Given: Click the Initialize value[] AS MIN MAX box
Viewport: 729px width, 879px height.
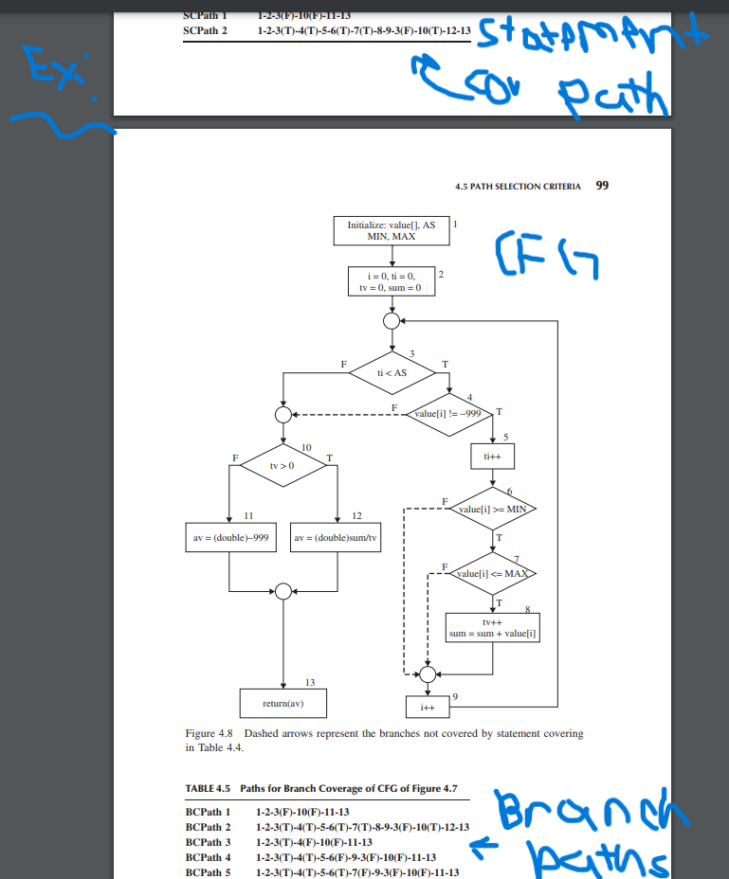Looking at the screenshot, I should pos(391,231).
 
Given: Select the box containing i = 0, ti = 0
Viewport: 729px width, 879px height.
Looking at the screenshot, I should pos(391,280).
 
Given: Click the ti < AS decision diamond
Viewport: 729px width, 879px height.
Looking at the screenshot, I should pos(392,372).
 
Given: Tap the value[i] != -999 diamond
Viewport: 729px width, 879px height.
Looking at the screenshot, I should pos(447,414).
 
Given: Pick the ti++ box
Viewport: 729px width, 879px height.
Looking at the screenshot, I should pos(493,457).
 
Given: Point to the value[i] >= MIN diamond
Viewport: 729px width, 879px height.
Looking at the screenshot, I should pos(493,509).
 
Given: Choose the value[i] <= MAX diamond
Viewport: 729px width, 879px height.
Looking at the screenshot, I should pos(493,574).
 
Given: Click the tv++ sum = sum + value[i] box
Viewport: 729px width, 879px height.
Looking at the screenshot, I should pos(493,627).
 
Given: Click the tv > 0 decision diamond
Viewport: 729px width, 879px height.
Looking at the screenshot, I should pos(283,465).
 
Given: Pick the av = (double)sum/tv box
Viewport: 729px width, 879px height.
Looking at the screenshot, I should pos(337,537).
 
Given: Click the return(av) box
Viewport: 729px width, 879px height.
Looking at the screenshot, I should pos(283,703).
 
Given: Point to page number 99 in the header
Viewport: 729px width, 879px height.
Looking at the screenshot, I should pos(601,186).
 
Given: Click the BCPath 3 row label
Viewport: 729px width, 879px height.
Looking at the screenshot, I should pos(208,842).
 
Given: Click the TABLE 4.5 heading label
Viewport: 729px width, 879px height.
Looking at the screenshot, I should pos(208,788).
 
